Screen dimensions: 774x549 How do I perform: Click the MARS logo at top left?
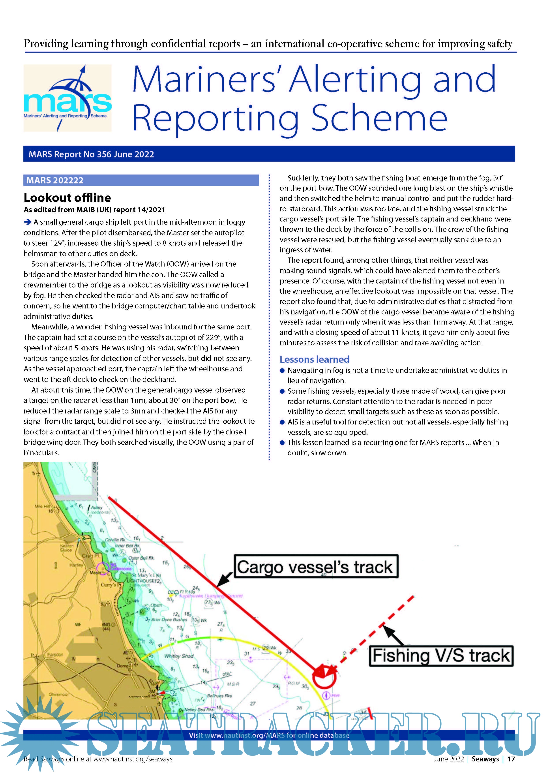pos(67,98)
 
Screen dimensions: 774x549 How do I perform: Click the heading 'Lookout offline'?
pos(67,197)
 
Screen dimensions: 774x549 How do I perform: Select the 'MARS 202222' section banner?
pos(55,180)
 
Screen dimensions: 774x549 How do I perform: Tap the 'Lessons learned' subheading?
pos(314,359)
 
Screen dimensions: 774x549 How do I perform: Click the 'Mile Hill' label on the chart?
pos(42,506)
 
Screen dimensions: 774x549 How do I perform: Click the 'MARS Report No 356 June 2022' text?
pos(91,154)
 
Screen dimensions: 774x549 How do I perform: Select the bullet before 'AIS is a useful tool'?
pos(282,422)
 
